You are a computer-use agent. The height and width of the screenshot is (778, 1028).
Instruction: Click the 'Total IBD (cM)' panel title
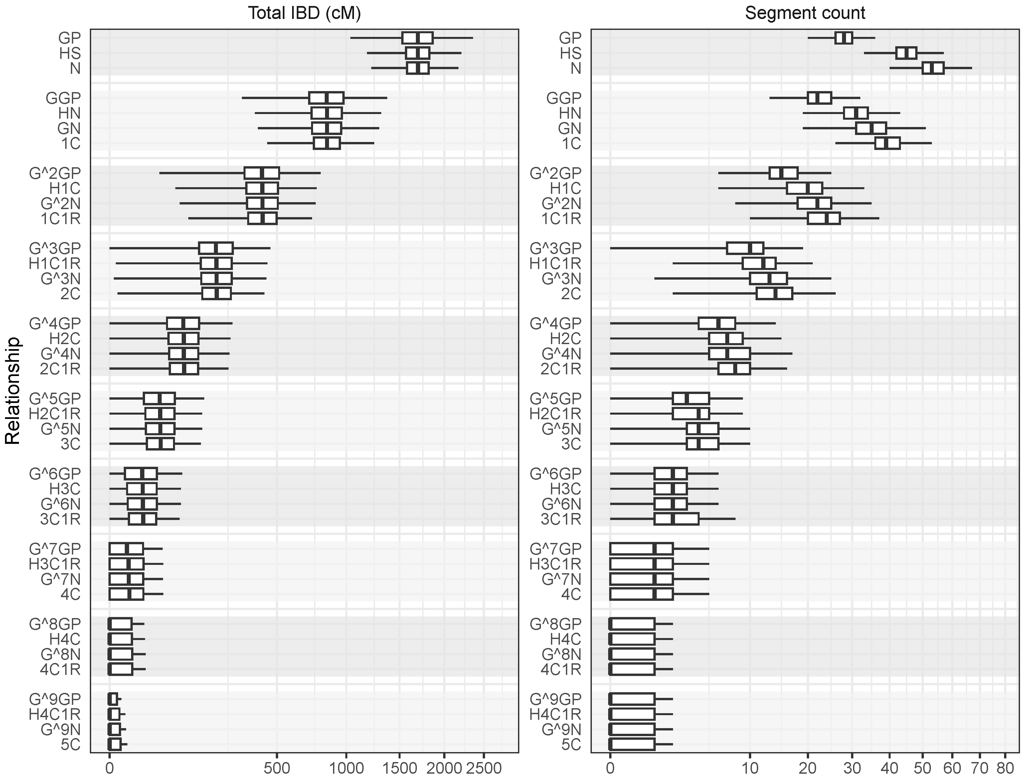click(304, 13)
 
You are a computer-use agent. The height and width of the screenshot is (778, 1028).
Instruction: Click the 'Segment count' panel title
click(805, 13)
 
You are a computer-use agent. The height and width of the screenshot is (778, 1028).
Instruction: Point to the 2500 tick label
click(484, 768)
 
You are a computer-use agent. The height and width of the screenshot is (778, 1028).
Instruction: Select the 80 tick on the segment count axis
click(1005, 768)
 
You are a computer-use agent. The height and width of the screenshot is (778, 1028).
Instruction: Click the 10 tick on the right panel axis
click(749, 768)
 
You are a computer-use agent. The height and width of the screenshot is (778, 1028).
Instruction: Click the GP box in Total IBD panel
click(417, 38)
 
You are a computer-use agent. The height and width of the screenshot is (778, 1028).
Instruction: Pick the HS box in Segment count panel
click(906, 53)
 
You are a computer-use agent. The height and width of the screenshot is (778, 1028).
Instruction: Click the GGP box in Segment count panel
click(819, 98)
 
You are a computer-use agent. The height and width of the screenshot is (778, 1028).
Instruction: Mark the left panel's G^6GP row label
click(55, 474)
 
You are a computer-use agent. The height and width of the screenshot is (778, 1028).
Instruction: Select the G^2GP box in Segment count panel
click(783, 173)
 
